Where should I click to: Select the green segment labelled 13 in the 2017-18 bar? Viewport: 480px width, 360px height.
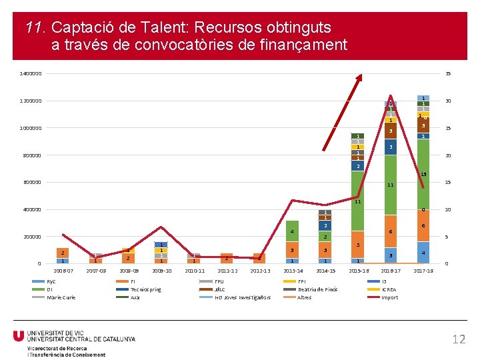pos(423,173)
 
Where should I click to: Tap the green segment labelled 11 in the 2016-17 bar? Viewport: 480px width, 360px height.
pos(391,185)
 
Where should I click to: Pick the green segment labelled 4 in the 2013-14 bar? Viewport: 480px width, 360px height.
pos(292,231)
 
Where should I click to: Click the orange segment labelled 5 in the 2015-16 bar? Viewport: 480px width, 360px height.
pos(358,245)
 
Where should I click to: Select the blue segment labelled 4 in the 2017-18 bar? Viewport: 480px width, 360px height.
pos(423,253)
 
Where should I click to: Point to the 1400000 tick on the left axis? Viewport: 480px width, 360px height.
pos(31,73)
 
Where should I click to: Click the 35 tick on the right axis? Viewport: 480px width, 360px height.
pos(449,73)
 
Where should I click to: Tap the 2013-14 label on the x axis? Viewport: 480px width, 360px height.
pos(292,271)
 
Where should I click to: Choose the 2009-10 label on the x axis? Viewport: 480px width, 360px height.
pos(161,271)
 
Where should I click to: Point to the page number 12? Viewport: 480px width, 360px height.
pos(458,339)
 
